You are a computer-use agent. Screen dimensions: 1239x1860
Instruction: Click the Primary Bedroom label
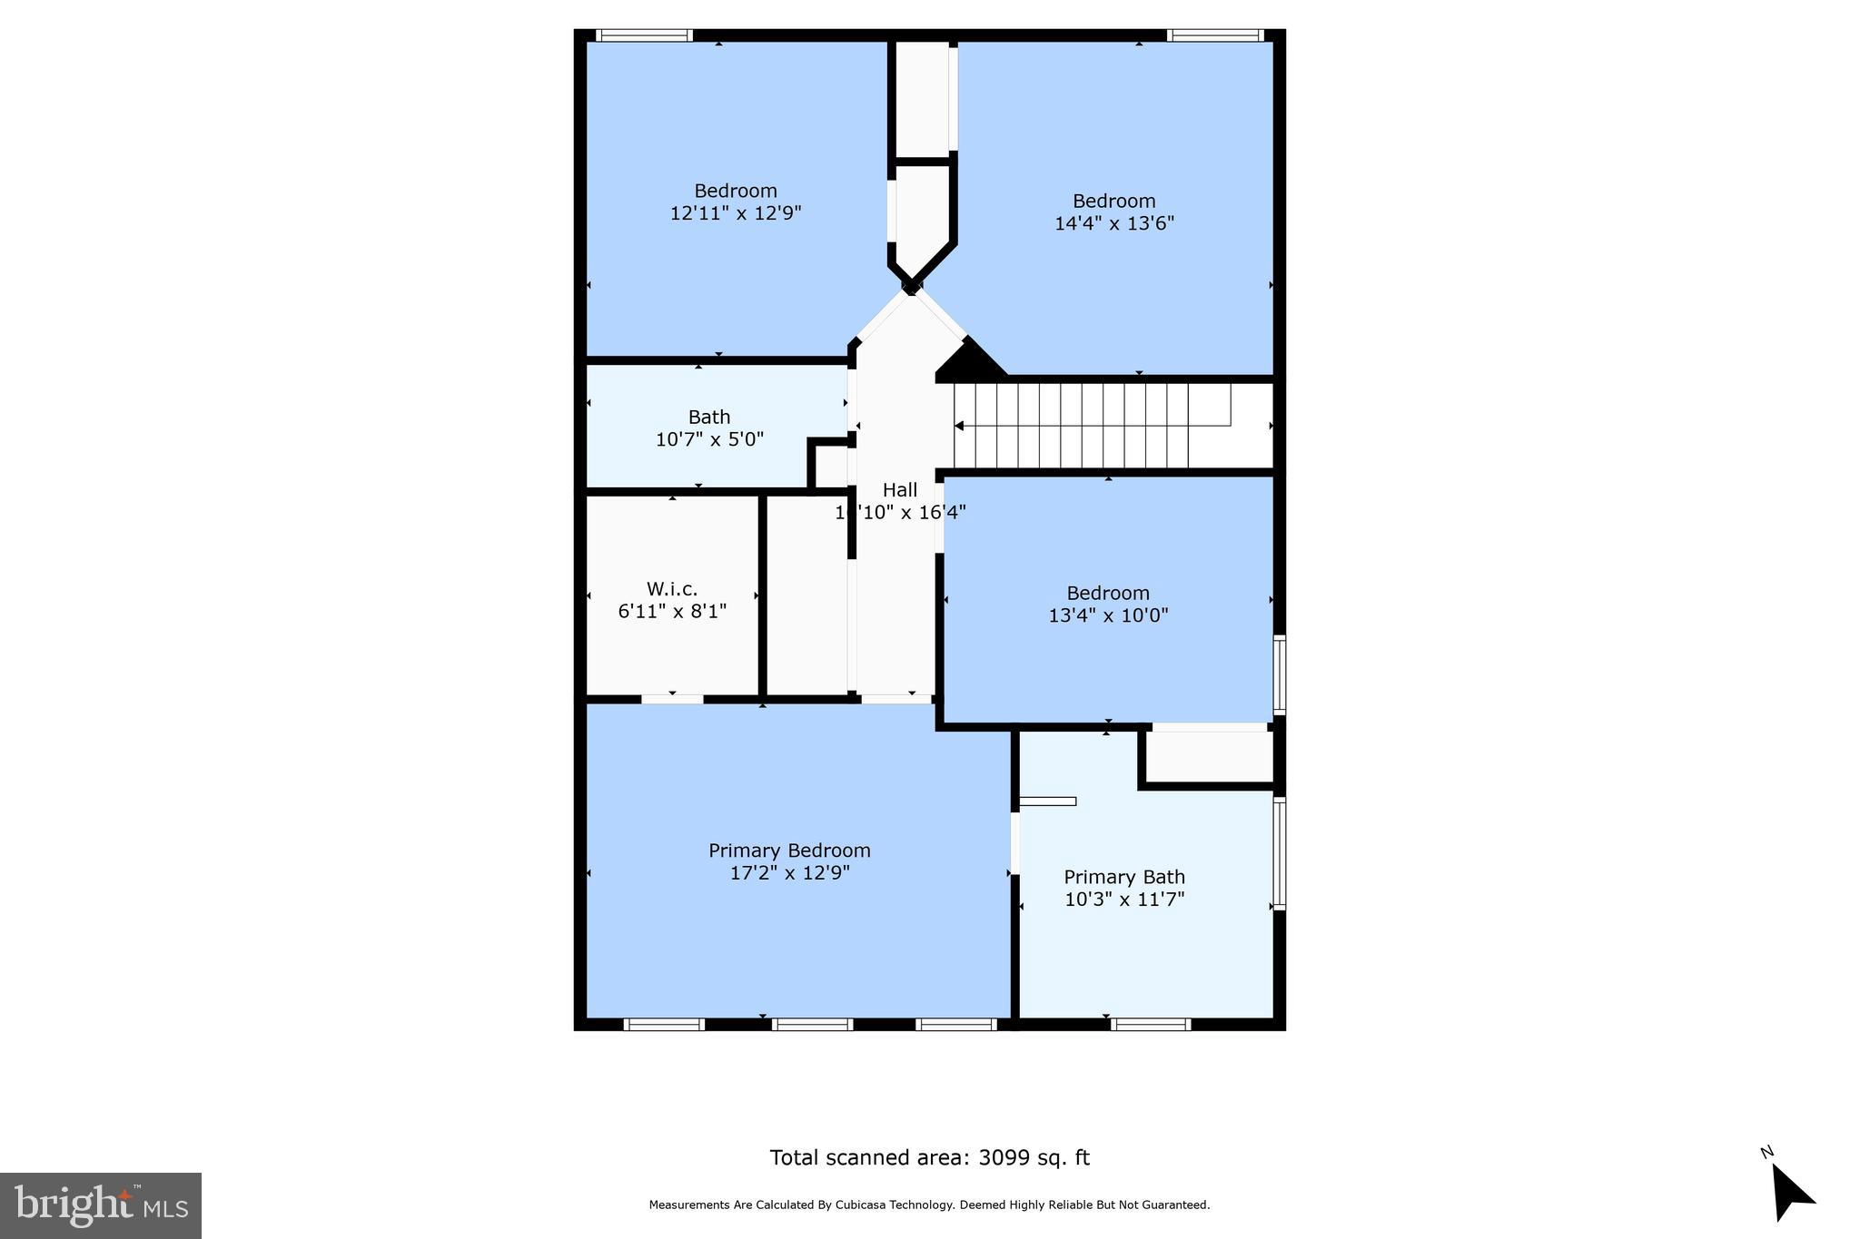click(789, 851)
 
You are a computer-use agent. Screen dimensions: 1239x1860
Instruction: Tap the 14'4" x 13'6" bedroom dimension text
click(1114, 223)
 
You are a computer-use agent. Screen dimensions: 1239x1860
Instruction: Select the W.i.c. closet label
click(672, 589)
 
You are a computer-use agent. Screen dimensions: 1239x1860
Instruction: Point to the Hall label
click(900, 490)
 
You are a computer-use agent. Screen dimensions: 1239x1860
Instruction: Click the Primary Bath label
click(1124, 877)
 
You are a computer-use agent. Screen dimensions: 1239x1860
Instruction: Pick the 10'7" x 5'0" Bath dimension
click(709, 439)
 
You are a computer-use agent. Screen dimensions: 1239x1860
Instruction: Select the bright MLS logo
click(101, 1205)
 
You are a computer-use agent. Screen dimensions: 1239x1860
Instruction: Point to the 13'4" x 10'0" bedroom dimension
click(1108, 615)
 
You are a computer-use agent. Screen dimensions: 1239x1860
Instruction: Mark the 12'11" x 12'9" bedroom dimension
click(736, 213)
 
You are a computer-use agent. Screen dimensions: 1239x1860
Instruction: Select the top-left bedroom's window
click(645, 35)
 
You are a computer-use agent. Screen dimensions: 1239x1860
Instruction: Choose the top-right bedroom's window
click(1214, 35)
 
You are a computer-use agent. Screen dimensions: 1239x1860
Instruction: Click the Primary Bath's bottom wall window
click(1150, 1025)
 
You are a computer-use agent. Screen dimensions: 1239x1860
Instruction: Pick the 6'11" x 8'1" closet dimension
click(672, 612)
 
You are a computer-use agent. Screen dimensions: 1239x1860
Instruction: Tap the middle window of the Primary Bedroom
click(812, 1025)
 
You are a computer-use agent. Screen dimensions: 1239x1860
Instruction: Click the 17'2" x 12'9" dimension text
click(789, 873)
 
